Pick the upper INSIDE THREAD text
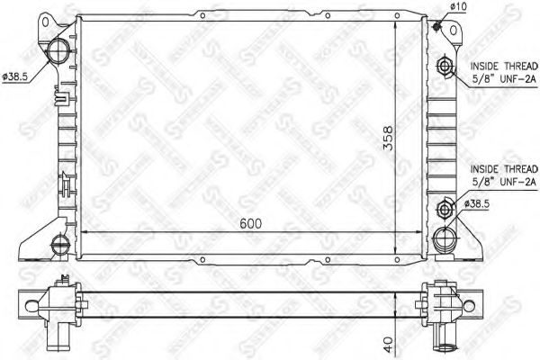(504, 66)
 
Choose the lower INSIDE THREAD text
(504, 167)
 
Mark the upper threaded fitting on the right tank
(445, 67)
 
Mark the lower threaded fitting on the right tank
(445, 210)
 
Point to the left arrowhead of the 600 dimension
(85, 232)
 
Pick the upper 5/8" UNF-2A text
(504, 79)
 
